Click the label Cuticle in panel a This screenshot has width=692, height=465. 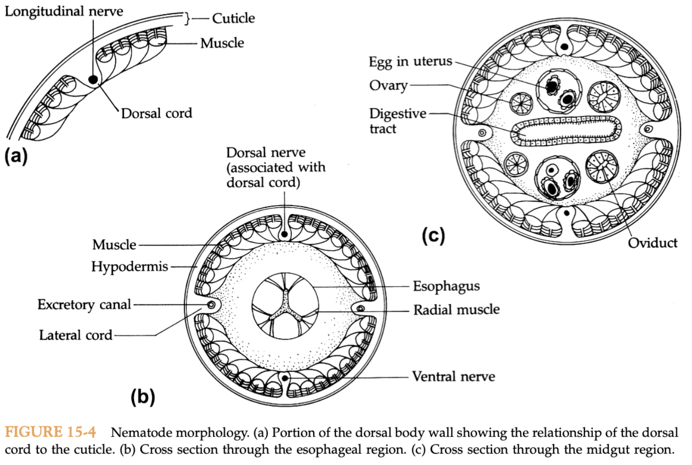tap(233, 18)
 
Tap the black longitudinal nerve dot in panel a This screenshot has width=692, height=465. tap(93, 79)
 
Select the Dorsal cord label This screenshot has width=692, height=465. tap(156, 113)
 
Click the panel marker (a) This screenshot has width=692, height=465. tap(16, 156)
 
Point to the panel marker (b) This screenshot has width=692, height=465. tap(143, 396)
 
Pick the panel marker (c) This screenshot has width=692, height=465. tap(433, 235)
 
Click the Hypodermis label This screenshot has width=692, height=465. tap(129, 267)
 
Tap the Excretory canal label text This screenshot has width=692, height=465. tap(84, 305)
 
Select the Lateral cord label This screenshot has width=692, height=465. tap(75, 335)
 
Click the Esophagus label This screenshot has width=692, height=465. tap(446, 286)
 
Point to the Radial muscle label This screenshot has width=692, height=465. tap(456, 310)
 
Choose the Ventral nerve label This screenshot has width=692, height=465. tap(453, 377)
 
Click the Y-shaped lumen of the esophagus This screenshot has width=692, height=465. tap(285, 306)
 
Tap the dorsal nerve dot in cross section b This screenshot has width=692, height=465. tap(284, 234)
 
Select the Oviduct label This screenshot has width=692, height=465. tap(652, 243)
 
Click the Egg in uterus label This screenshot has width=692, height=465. tap(410, 62)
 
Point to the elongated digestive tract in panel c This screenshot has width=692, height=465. tap(566, 130)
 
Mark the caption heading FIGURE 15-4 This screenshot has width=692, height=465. tap(50, 432)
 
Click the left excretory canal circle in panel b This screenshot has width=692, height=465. tap(211, 305)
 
